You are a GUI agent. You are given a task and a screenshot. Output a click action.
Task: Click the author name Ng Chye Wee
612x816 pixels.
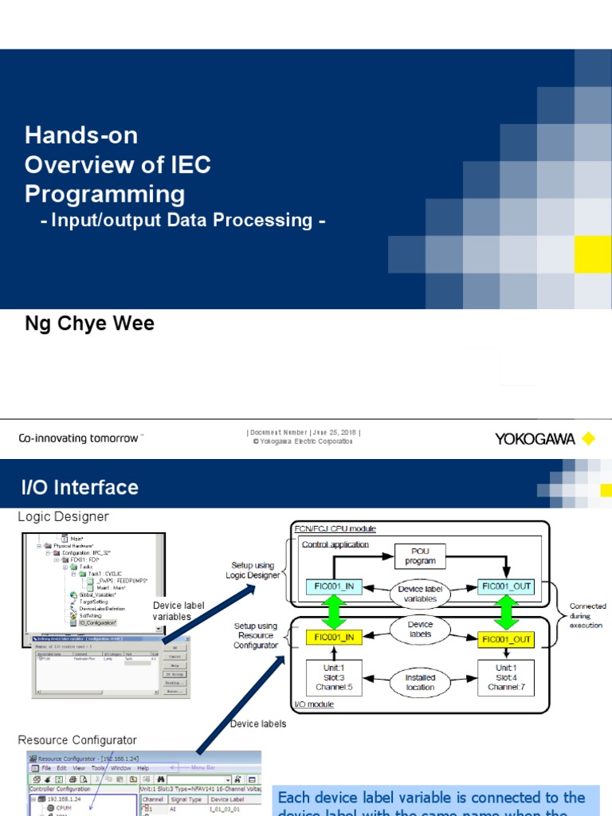click(x=90, y=324)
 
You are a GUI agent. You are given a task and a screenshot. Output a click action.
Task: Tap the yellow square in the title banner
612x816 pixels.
click(x=592, y=254)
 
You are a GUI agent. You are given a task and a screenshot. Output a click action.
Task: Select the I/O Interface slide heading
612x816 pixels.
click(x=80, y=487)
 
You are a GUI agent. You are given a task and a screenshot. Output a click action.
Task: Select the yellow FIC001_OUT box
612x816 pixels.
click(x=505, y=638)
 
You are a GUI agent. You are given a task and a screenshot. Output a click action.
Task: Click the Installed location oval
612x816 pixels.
click(x=420, y=683)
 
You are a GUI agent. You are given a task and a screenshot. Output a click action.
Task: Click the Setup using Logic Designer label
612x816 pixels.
click(x=253, y=571)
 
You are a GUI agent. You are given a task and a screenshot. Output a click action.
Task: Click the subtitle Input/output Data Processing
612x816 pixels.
click(x=183, y=220)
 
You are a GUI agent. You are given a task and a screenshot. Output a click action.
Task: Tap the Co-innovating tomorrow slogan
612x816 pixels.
click(x=80, y=438)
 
